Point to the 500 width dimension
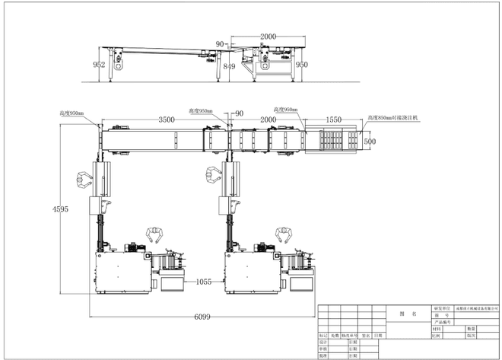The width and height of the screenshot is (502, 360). point(370,141)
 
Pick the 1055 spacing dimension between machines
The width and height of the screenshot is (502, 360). point(203,281)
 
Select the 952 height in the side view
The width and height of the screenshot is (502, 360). point(99,65)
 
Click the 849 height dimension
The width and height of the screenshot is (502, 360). point(229,66)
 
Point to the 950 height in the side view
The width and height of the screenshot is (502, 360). point(302,65)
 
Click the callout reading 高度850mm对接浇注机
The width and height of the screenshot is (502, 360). point(393,118)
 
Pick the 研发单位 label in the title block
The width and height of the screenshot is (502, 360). point(442,307)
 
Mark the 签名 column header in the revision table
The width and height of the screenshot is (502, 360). point(366,335)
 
